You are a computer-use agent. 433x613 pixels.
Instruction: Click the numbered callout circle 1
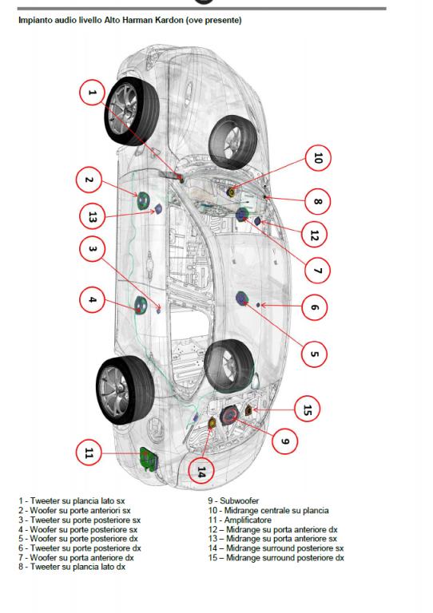[92, 93]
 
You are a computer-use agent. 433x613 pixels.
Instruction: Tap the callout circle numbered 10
[318, 158]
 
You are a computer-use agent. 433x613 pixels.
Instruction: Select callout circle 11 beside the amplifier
[89, 453]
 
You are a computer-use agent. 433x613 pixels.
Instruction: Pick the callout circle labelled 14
[201, 472]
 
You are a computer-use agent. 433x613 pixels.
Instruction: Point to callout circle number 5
[314, 354]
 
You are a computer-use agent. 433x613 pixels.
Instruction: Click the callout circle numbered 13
[92, 216]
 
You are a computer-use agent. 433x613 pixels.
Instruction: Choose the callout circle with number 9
[284, 441]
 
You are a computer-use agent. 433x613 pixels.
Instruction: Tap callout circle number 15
[308, 409]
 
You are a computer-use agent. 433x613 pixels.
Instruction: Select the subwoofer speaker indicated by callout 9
[228, 417]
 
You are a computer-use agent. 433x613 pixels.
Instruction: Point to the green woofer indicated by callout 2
[142, 200]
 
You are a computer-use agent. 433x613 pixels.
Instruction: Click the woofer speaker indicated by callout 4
[141, 305]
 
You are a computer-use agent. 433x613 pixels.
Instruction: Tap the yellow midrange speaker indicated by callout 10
[232, 192]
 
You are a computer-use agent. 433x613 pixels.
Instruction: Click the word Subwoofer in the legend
[240, 500]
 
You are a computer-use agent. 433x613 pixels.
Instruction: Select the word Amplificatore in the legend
[248, 520]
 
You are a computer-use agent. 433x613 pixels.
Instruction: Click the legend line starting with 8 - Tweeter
[72, 567]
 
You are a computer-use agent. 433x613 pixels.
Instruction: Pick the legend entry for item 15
[276, 558]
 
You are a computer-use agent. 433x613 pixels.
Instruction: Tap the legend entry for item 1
[72, 500]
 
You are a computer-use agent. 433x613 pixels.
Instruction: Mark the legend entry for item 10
[268, 511]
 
